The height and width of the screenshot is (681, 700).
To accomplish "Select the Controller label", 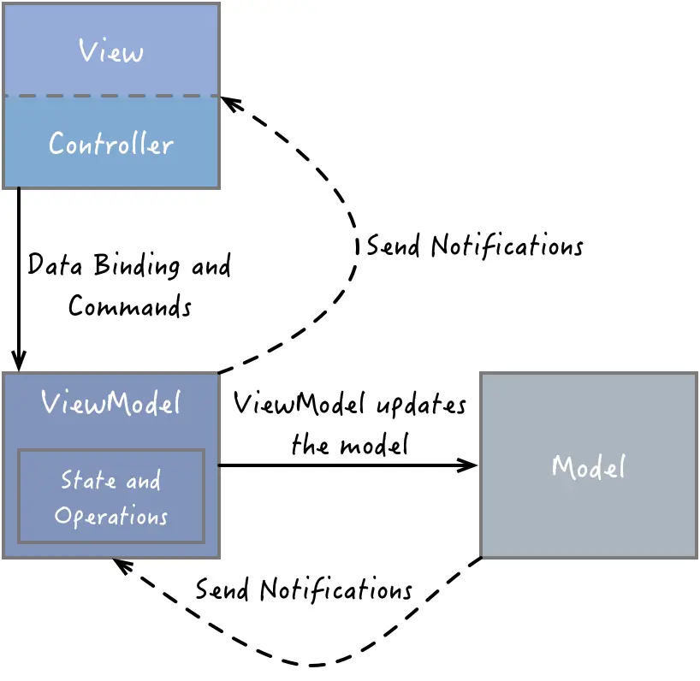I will [x=111, y=143].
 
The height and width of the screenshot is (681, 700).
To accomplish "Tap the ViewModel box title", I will [x=111, y=402].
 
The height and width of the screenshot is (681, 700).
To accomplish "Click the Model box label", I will [x=589, y=467].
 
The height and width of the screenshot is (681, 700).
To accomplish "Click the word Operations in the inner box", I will [x=111, y=517].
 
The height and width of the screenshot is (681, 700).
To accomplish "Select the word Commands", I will [x=130, y=305].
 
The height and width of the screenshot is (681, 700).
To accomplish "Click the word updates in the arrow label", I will [x=421, y=405].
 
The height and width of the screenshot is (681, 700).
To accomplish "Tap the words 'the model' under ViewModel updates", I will [x=349, y=445].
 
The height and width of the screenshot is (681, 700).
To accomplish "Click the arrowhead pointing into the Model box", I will [x=469, y=465].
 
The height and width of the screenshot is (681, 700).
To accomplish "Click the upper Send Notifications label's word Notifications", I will [x=507, y=246].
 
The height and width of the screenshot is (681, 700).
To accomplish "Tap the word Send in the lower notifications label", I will [x=223, y=589].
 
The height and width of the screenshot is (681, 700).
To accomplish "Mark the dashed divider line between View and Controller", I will [x=111, y=96].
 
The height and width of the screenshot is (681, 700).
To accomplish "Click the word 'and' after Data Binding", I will [x=211, y=265].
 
